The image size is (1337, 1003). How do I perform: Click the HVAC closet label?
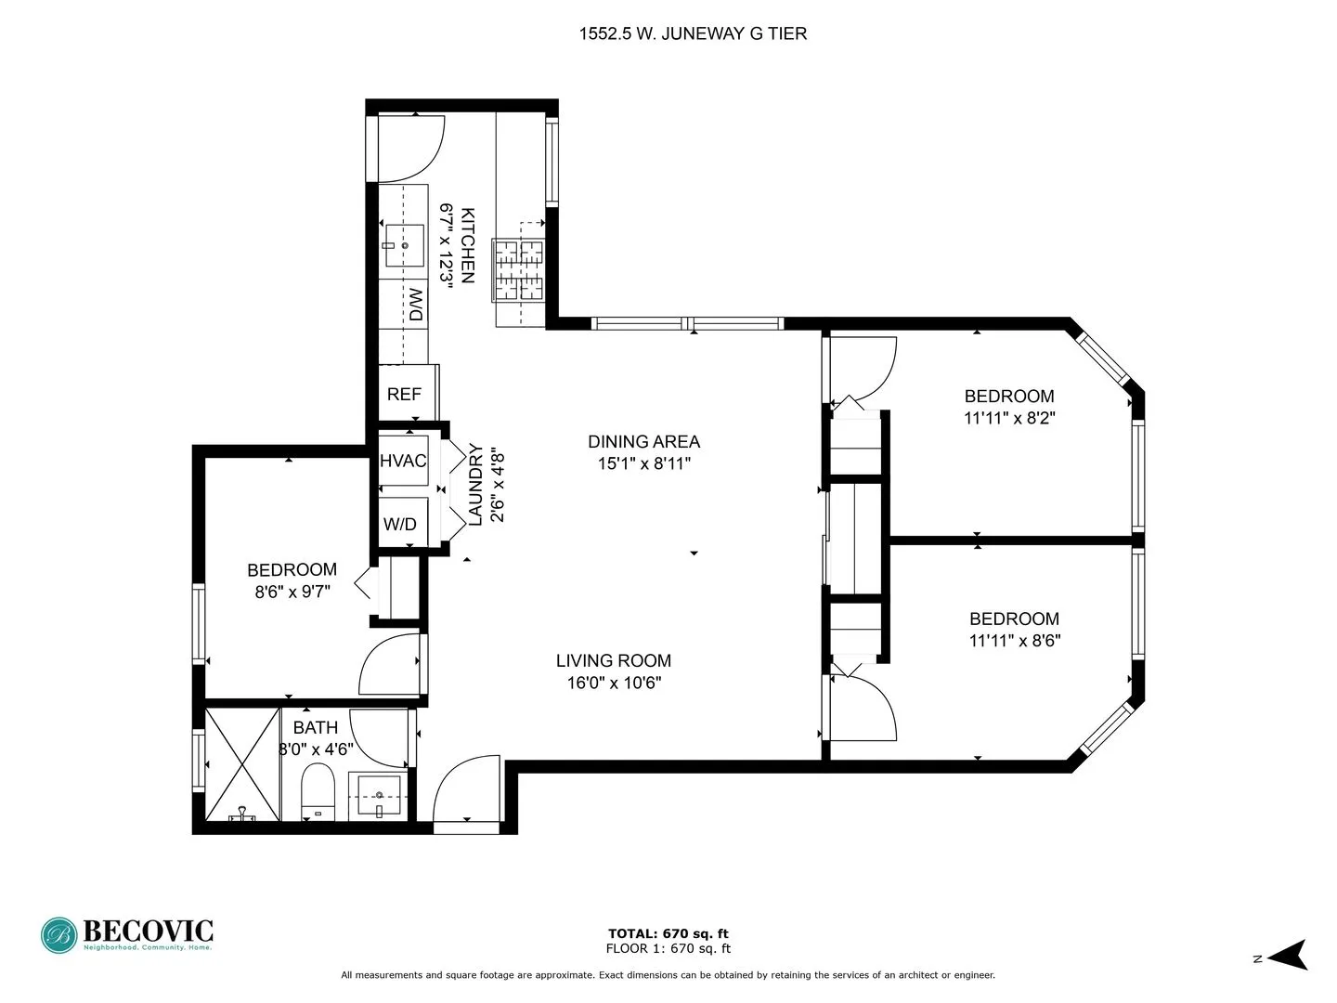coord(403,461)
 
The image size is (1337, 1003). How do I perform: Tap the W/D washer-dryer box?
coord(400,524)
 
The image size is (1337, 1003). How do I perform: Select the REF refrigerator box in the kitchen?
coord(404,394)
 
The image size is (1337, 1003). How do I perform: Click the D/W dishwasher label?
coord(416,306)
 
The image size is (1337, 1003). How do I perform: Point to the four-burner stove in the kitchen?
coord(518,270)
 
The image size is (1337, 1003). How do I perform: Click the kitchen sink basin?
coord(405,245)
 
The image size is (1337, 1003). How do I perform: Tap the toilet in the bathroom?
coord(318,791)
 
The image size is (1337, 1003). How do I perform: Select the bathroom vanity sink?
coord(379,797)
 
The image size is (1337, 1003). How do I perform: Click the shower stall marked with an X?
coord(242,763)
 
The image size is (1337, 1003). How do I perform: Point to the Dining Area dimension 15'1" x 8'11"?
coord(643,463)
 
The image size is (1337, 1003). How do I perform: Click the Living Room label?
coord(613,660)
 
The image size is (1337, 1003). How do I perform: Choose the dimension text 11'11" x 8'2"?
coord(1009,418)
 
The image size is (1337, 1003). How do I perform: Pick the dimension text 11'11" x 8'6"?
coord(1014,640)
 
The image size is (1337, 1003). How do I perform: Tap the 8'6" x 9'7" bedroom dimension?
coord(292,591)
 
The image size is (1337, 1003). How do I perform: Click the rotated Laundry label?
coord(475,485)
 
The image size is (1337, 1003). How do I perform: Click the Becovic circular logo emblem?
coord(58,935)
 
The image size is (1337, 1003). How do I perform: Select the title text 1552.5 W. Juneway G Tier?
coord(693,34)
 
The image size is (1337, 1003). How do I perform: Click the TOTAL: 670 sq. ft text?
coord(668,933)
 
